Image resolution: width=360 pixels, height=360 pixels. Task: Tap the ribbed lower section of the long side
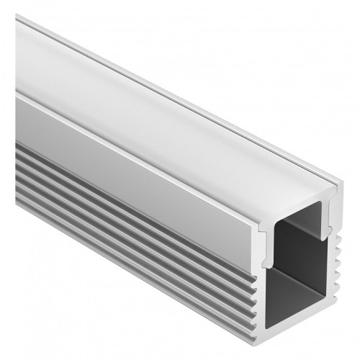click(130, 216)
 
